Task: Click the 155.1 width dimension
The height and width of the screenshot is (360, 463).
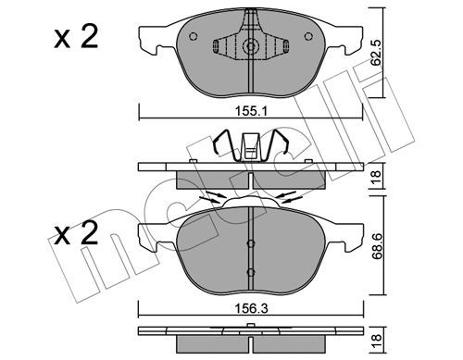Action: (251, 111)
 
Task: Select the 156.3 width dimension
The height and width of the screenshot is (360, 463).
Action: (251, 308)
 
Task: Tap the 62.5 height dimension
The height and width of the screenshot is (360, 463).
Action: (376, 52)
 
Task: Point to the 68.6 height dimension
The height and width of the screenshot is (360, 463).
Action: (378, 246)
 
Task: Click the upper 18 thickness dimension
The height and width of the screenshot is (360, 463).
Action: (377, 178)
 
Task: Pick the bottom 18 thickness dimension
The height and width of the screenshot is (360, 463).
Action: (377, 341)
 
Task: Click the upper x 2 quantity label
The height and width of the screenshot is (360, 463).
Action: (76, 37)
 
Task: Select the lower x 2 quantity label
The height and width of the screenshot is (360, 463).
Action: (76, 233)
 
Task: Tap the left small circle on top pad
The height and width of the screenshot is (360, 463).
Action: (193, 37)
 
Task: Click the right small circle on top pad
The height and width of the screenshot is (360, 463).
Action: (308, 37)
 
